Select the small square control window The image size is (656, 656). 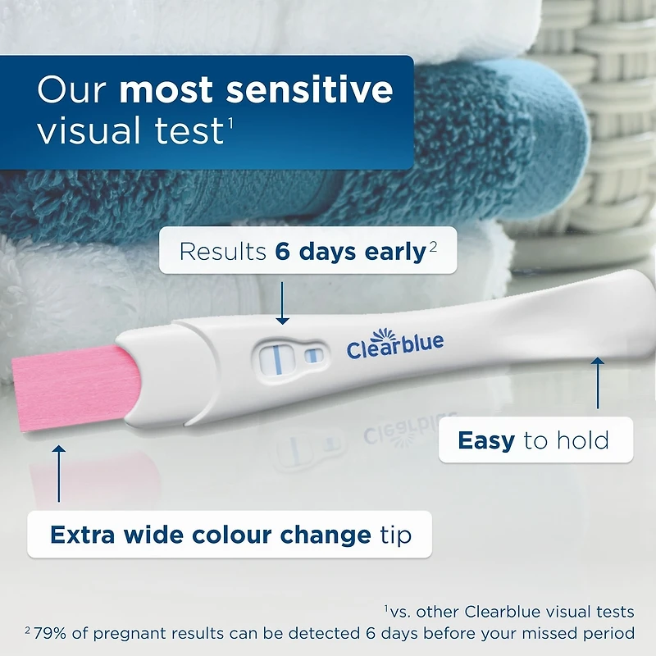pos(312,355)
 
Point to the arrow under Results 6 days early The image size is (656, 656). pos(281,303)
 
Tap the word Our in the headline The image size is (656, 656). pos(72,89)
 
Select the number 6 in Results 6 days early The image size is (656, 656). pos(284,252)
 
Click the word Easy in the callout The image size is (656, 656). pos(486,440)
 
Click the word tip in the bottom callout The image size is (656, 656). pos(395,535)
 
